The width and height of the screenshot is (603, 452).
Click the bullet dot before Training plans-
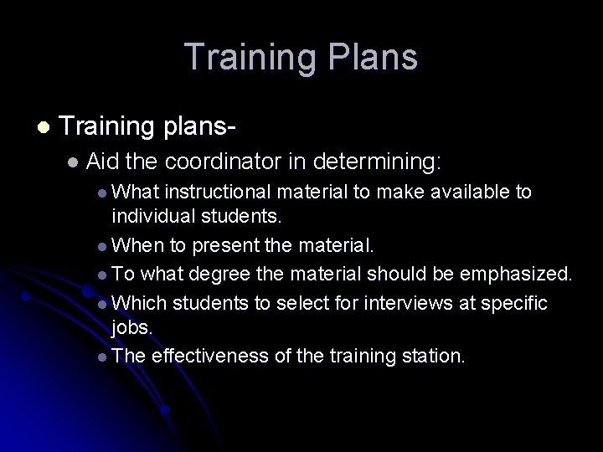point(44,128)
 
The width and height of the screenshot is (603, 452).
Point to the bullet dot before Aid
point(74,161)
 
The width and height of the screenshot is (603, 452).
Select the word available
point(463,192)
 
